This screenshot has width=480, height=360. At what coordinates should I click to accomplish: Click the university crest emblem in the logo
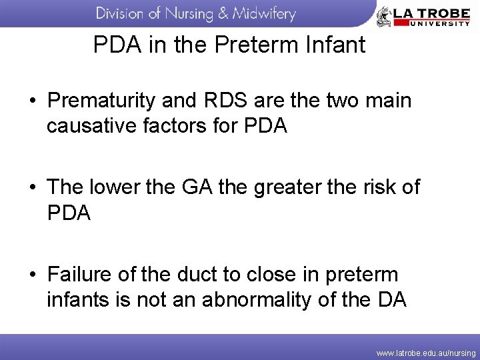click(384, 16)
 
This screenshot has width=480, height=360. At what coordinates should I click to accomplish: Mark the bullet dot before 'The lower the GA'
click(32, 188)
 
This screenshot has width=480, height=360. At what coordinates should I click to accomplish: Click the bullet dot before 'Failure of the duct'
click(32, 275)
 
